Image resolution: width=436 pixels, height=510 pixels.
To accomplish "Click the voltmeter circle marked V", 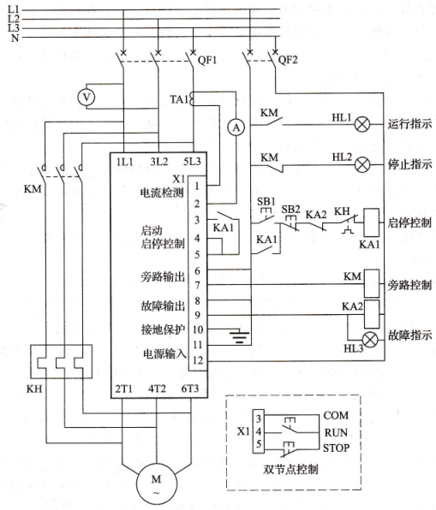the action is coord(87,97).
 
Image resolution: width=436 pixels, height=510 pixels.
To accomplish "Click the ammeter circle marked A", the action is coord(236,127).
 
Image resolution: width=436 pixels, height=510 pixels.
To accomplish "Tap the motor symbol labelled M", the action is coord(156,483).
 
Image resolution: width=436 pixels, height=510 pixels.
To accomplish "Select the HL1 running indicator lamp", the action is coord(361,124).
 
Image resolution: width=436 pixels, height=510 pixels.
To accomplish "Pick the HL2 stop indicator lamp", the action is coord(361,164).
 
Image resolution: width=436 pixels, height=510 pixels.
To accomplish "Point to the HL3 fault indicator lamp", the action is coord(370,340).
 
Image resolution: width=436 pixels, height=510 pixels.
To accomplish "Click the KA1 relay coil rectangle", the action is coord(371,222).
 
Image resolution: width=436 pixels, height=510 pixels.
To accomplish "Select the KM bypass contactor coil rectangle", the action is coord(371,283).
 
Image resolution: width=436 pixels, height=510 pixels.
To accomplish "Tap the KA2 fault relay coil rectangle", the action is coord(371,314).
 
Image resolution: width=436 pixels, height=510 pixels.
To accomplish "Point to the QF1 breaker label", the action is coord(207,60).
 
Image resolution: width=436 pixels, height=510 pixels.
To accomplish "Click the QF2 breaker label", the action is coord(288,60).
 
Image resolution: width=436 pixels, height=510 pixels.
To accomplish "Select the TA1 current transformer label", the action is coord(179,99).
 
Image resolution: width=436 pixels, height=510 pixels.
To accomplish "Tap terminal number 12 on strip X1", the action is coord(198,360).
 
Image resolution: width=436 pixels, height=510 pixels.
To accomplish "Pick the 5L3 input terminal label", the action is coord(192,162).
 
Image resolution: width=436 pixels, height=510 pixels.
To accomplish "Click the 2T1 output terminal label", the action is coord(123,388).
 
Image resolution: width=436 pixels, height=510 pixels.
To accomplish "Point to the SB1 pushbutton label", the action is coord(266,201).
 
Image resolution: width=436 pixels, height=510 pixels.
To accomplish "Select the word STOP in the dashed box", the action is coord(336,448).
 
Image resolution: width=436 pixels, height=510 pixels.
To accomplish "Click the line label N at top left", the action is coord(15,38).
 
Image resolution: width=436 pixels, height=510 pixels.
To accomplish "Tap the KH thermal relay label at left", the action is coord(34,388).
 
